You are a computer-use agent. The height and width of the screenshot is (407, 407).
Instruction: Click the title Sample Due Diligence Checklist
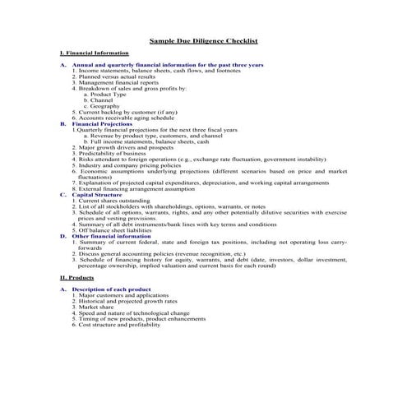203,39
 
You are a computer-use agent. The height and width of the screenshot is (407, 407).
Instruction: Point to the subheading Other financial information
112,236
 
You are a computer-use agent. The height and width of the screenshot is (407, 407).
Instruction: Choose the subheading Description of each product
111,289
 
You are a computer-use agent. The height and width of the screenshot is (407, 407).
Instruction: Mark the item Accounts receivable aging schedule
123,118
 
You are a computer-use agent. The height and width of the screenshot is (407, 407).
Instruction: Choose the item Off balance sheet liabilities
118,230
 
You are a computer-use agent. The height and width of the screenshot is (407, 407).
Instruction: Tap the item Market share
95,307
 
